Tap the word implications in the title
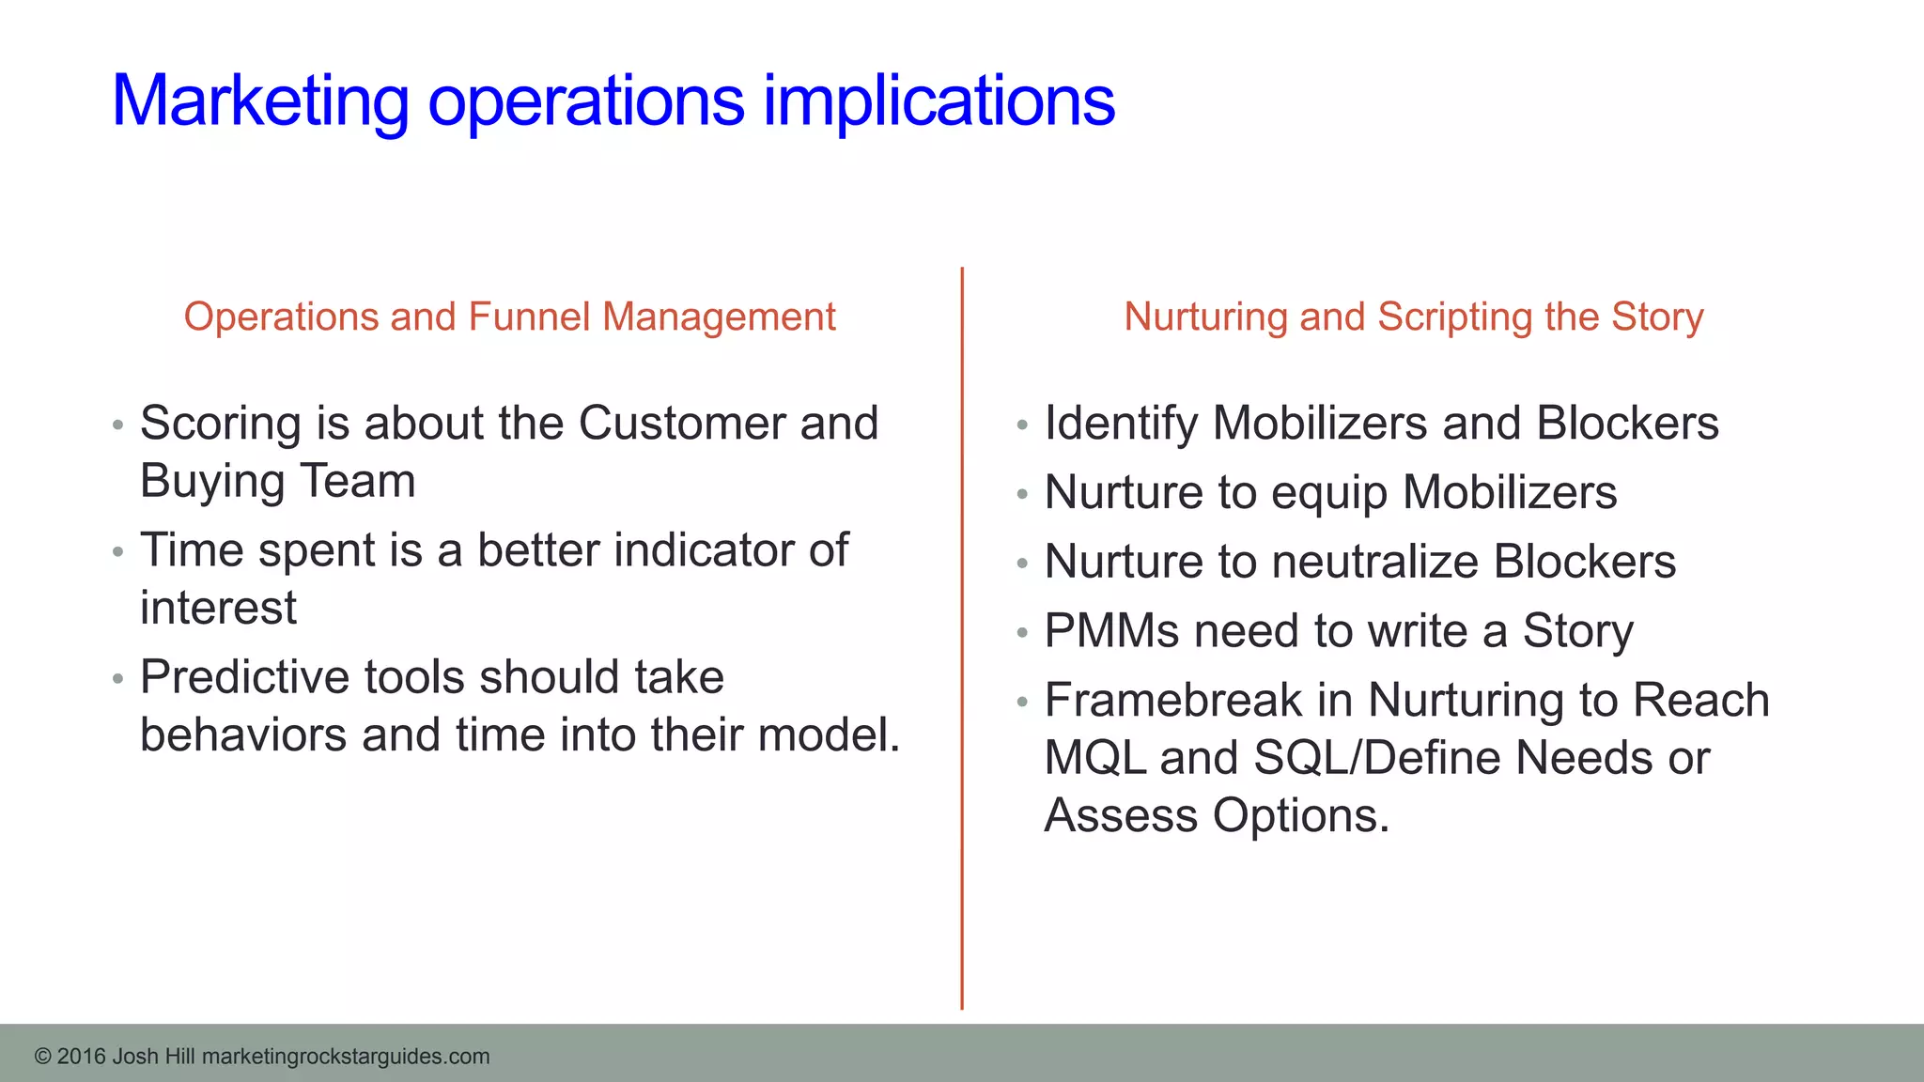939,100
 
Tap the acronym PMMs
1111,631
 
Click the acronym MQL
1095,758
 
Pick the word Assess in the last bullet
1121,815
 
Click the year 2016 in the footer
81,1057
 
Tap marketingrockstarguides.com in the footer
346,1057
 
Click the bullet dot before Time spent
117,551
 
